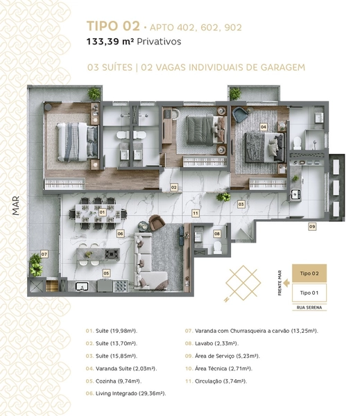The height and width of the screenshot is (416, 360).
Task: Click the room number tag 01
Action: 102,212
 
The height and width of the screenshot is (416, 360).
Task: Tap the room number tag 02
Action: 173,187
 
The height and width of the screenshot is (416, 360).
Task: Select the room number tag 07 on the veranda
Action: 44,254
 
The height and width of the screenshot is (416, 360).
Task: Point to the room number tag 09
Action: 312,227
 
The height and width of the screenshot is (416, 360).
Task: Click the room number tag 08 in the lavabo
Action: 217,234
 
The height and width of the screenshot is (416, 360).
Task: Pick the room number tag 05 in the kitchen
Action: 106,273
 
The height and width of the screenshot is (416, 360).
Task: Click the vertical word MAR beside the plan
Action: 16,206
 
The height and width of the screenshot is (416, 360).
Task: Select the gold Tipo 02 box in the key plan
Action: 309,273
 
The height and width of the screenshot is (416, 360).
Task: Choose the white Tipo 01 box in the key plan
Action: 309,293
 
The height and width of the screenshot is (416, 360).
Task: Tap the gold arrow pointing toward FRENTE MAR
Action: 286,283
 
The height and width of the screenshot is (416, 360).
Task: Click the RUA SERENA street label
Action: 309,307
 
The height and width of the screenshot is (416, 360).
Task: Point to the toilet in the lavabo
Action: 217,248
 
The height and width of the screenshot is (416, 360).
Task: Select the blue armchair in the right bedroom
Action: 240,114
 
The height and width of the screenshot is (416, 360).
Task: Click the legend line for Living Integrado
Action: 126,393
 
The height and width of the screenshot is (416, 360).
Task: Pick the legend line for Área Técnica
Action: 218,369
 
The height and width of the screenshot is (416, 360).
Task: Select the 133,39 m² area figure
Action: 110,42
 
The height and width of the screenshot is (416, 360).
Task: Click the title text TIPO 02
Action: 113,26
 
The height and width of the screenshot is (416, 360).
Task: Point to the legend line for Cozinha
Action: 114,381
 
